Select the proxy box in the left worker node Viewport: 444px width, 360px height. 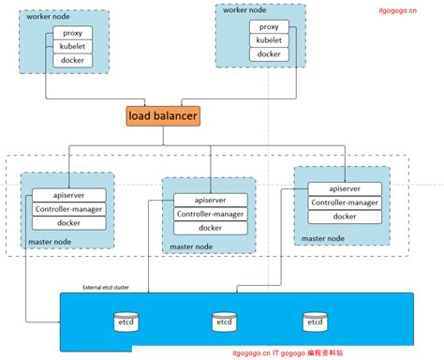pos(73,32)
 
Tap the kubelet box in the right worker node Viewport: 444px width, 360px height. pos(269,40)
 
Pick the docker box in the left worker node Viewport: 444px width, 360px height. pos(73,60)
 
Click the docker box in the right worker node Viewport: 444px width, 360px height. pos(269,54)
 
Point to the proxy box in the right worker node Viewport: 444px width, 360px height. pos(269,26)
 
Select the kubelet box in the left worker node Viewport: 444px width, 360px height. pos(73,46)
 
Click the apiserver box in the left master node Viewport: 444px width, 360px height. pos(67,195)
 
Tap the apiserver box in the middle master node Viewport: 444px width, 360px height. pos(210,200)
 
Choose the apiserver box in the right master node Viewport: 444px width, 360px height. pos(344,188)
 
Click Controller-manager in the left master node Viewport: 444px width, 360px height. pos(67,209)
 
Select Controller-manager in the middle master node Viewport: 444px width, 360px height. pos(210,214)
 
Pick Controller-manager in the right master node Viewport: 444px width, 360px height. pos(344,202)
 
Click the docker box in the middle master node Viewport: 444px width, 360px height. pos(210,228)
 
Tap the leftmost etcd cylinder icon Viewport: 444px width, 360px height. pos(126,322)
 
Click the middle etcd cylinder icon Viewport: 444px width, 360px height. pos(223,322)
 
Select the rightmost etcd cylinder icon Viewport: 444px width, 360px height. pos(315,322)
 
